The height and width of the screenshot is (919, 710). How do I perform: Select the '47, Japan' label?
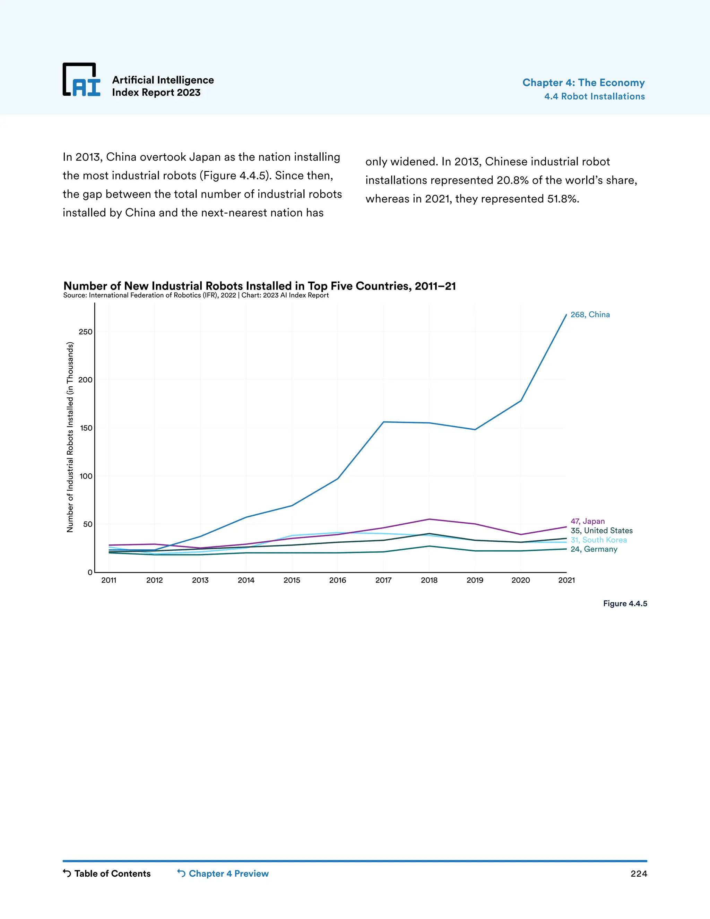point(587,521)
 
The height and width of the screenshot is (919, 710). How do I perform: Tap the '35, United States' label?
point(601,530)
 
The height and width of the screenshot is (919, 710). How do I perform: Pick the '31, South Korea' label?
point(598,540)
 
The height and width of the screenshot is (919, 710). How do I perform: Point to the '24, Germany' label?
point(594,549)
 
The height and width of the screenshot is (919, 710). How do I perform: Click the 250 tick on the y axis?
point(85,332)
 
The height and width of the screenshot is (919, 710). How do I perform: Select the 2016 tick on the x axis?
point(337,580)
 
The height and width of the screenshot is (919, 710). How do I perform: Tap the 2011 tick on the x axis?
point(109,580)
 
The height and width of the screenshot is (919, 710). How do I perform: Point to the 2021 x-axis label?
point(566,580)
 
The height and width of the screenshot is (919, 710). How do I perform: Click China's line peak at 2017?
point(383,422)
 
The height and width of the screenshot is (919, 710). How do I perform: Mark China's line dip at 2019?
point(475,429)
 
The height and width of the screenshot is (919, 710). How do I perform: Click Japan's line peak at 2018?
point(429,519)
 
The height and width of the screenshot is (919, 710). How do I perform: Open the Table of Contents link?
point(107,873)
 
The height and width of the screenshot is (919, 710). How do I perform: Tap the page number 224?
point(639,874)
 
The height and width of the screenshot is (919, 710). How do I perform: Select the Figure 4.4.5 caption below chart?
point(625,603)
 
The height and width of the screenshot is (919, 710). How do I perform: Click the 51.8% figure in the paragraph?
point(563,199)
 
